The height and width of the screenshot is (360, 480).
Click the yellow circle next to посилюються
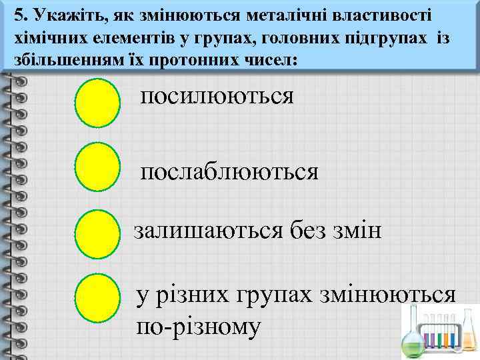[x=97, y=103]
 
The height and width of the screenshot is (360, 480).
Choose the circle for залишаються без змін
[x=97, y=234]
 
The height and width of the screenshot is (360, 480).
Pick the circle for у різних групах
[x=97, y=300]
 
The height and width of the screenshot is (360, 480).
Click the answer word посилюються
[x=216, y=96]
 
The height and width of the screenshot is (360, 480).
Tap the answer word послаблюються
[x=229, y=172]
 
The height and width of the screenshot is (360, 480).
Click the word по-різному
[x=198, y=327]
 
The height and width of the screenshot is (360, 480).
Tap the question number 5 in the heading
[x=19, y=14]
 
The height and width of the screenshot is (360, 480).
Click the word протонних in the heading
[x=203, y=59]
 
